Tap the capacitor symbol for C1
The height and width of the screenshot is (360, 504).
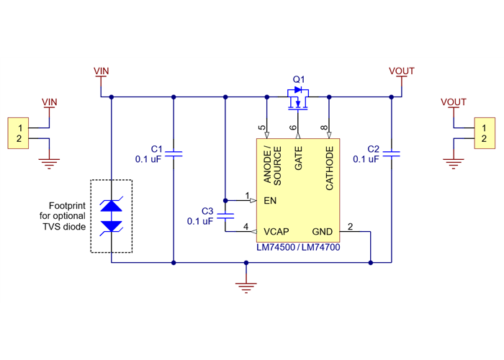coord(174,153)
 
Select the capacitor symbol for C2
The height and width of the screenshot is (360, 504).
coord(392,153)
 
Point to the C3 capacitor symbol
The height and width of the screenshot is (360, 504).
coord(225,215)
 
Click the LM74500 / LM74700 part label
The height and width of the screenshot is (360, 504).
coord(298,247)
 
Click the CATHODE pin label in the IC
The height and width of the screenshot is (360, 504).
coord(330,168)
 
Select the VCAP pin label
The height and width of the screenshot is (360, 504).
coord(276,232)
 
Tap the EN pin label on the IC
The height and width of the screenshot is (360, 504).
coord(270,201)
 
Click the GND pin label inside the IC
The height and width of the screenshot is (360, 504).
coord(323,232)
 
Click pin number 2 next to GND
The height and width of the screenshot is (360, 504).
coord(350,227)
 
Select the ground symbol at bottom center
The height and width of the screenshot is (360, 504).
coord(246,287)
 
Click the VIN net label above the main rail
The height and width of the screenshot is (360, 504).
coord(102,71)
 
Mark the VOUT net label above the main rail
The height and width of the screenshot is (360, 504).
coord(401,71)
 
